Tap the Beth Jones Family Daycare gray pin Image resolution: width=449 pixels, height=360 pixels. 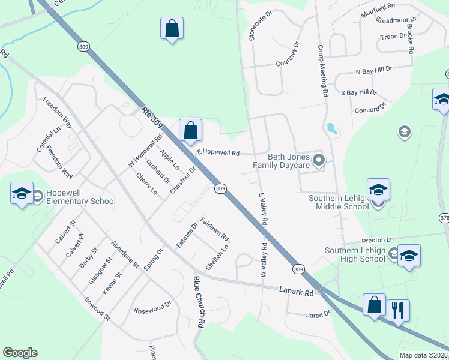[319, 160]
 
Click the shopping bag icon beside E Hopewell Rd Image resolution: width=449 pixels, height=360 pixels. [190, 130]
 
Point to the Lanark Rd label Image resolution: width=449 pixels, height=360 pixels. [297, 292]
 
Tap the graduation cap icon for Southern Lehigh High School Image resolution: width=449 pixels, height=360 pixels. [409, 256]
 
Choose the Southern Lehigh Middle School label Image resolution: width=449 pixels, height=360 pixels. [339, 202]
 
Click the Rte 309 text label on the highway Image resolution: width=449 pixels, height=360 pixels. [152, 116]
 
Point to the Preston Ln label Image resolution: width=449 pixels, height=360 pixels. [376, 240]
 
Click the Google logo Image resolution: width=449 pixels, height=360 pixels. [20, 353]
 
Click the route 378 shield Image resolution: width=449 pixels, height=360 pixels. [444, 217]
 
